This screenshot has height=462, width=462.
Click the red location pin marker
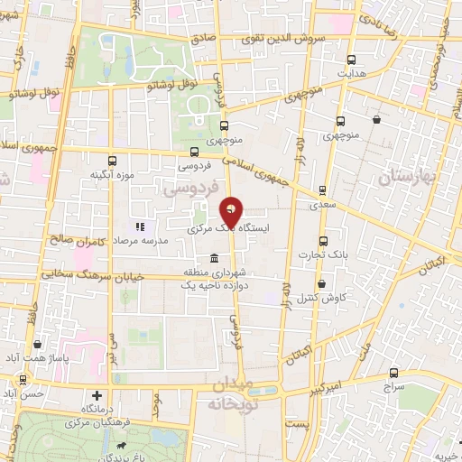(231, 213)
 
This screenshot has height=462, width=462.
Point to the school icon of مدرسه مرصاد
(140, 226)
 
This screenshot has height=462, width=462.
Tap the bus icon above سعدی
(321, 190)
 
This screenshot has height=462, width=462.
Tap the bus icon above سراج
(393, 372)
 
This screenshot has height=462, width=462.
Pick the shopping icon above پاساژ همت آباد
(37, 344)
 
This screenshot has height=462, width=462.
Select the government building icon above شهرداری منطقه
(214, 259)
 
